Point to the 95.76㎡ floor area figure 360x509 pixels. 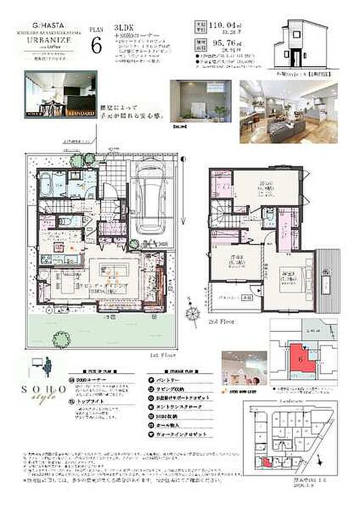(224, 42)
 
